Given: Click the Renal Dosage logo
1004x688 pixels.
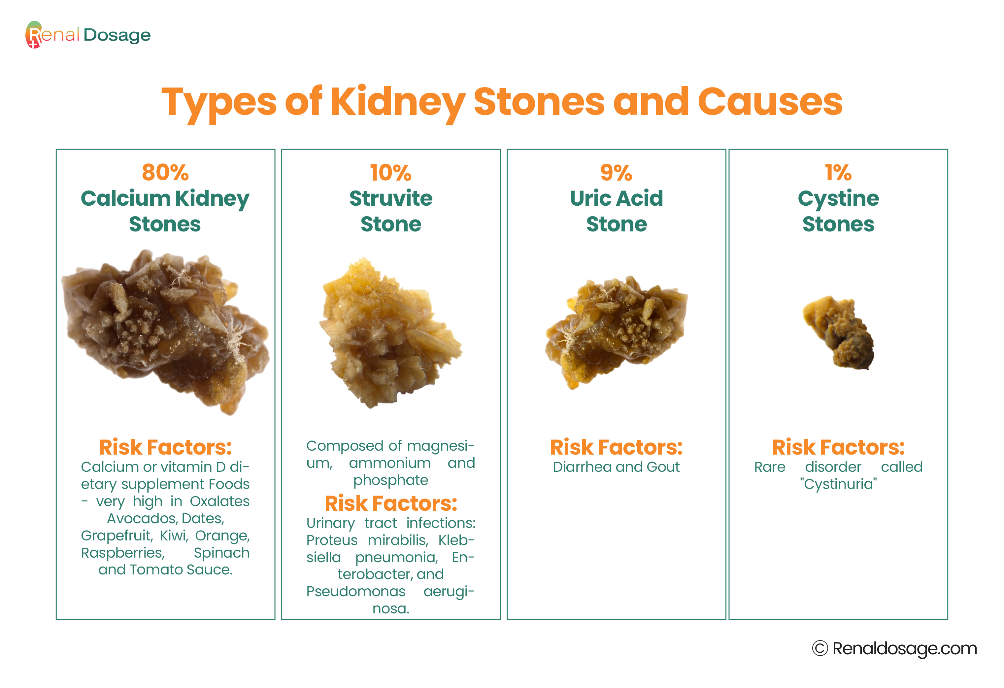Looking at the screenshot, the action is [88, 35].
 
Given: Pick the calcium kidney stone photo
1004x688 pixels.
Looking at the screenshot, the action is [165, 332].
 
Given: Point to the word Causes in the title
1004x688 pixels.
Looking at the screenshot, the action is [770, 102].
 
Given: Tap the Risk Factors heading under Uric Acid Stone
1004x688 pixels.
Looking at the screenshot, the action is [616, 447].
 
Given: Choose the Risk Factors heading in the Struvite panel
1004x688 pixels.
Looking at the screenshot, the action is [390, 503].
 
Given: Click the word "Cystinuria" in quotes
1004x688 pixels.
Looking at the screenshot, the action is [838, 484].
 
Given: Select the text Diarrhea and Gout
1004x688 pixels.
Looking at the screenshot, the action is [616, 467].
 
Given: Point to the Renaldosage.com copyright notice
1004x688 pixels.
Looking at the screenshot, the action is [894, 648].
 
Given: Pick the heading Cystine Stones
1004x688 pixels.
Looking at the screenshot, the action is [838, 211].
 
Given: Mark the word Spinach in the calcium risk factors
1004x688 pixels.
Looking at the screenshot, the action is [221, 553].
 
